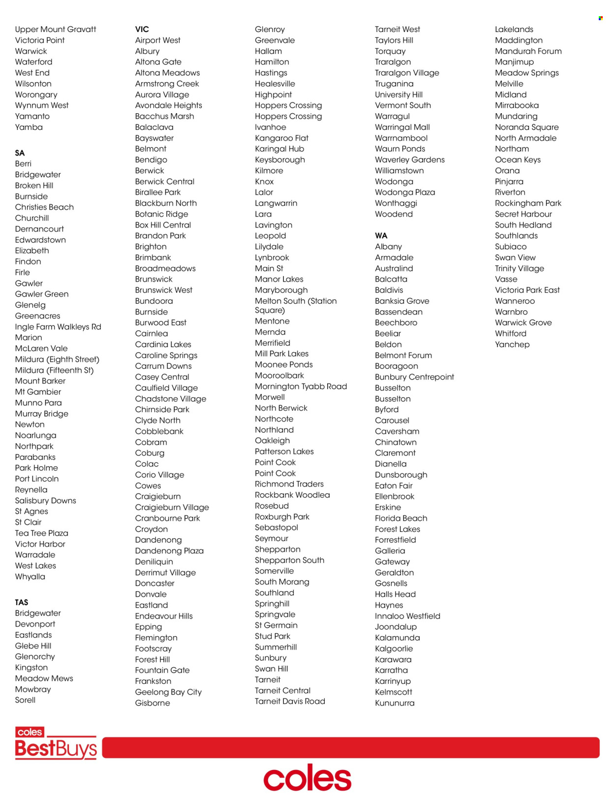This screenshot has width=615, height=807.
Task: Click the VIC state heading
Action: click(x=142, y=30)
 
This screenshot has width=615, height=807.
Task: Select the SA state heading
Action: click(x=20, y=153)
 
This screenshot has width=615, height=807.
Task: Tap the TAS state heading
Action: click(x=21, y=603)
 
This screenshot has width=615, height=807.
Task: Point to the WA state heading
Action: click(x=381, y=236)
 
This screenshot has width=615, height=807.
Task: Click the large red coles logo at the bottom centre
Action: click(x=307, y=778)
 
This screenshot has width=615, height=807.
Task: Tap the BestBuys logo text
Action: click(x=56, y=749)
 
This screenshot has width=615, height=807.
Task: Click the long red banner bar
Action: click(x=350, y=747)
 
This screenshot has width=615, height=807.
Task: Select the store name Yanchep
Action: click(x=512, y=345)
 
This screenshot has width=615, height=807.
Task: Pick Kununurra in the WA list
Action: click(x=395, y=703)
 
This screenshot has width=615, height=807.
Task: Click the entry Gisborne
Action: click(x=153, y=703)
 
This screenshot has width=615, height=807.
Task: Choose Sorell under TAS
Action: click(x=25, y=700)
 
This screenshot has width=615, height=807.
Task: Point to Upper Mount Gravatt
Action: click(x=56, y=30)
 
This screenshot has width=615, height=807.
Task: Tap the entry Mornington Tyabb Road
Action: click(x=301, y=387)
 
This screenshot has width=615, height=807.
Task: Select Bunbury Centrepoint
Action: click(x=414, y=377)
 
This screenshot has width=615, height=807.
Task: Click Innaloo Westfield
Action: click(x=407, y=616)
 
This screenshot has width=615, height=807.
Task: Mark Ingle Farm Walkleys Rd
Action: click(x=58, y=327)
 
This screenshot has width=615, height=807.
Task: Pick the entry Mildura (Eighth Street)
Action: click(x=57, y=359)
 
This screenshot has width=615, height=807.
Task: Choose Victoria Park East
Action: click(x=527, y=291)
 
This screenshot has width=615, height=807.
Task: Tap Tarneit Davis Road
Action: click(x=290, y=702)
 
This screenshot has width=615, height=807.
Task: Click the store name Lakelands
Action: click(x=514, y=30)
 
